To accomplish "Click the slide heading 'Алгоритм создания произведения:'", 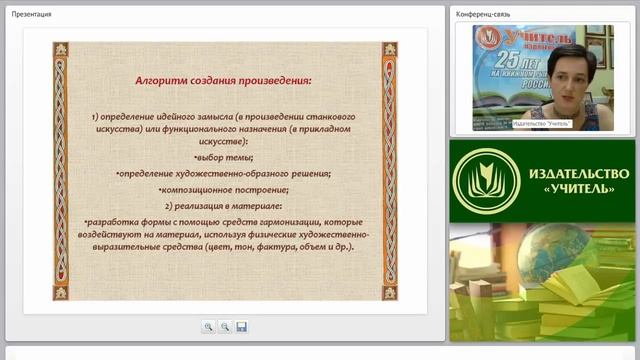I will coord(225,78).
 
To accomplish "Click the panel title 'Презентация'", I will coord(32,14).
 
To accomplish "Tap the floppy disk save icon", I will coord(241,326).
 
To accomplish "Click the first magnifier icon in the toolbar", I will coord(208,326).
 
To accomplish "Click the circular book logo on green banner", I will coord(486,180).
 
